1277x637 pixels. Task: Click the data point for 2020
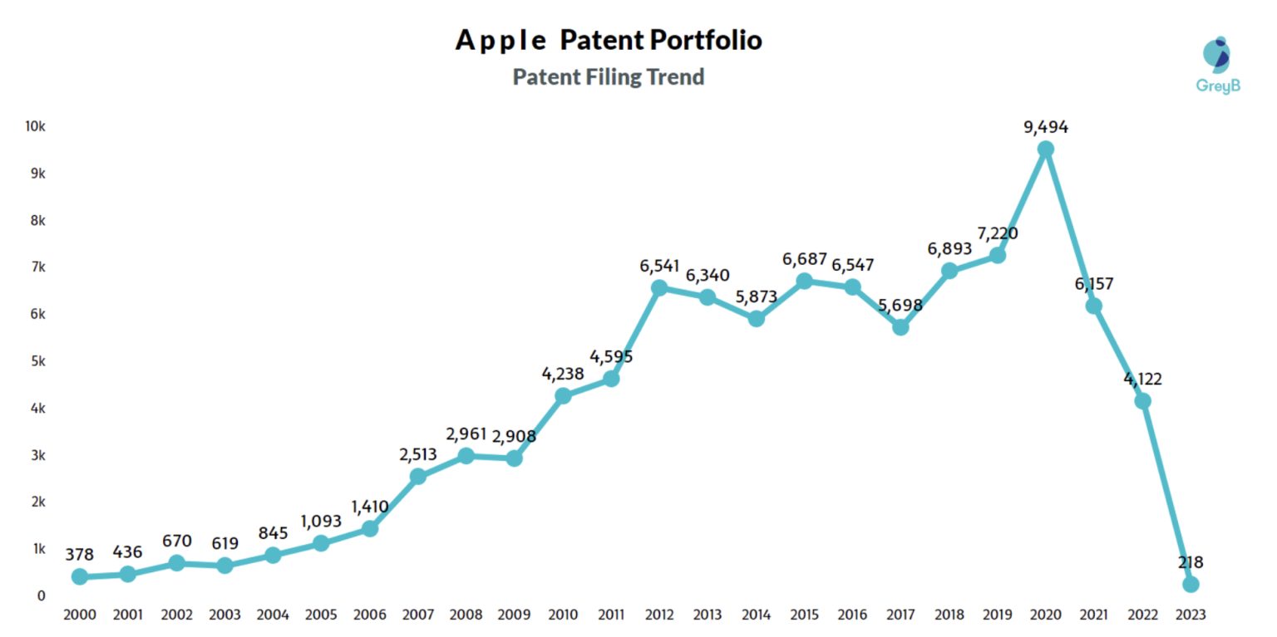[1046, 149]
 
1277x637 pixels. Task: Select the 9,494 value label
[1046, 127]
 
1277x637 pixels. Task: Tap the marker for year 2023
[1191, 584]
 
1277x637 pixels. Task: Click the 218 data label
[1191, 562]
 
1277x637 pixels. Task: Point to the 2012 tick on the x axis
[658, 615]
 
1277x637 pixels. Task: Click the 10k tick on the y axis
[35, 126]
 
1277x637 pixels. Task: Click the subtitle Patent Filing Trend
[609, 77]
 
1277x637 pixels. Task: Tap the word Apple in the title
[501, 40]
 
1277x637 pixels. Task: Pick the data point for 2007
[418, 476]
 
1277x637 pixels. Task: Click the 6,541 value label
[658, 266]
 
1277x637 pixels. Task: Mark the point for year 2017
[900, 327]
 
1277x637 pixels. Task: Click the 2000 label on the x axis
[80, 615]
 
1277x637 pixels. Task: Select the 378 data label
[80, 554]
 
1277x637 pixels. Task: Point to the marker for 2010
[563, 395]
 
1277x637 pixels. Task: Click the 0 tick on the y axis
[41, 595]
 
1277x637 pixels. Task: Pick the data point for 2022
[1142, 401]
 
